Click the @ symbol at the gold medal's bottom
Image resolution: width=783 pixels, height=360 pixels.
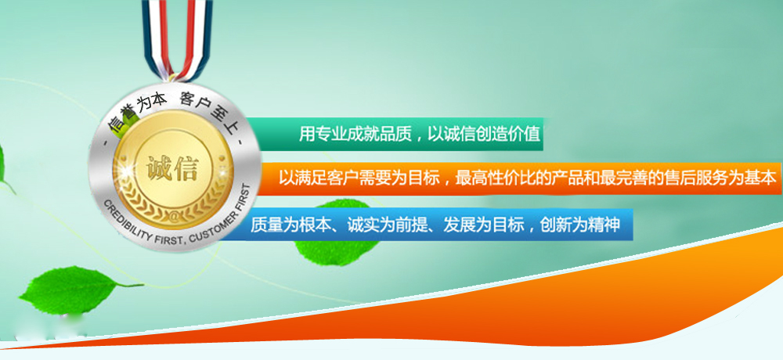173,217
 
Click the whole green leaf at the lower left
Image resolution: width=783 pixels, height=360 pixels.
75,290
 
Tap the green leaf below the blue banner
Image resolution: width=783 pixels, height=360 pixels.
336,250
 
